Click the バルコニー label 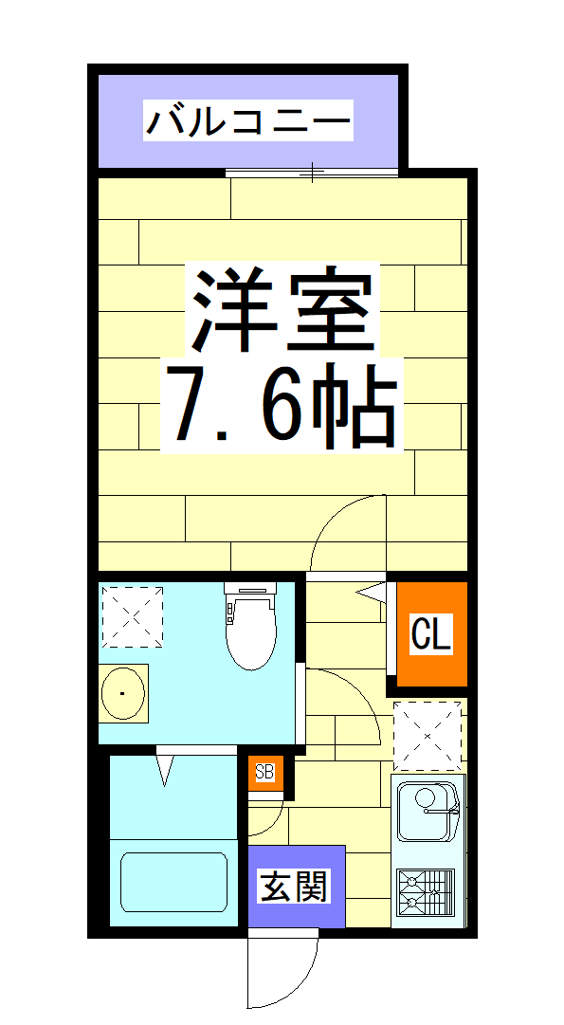point(247,122)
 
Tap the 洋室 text point(282,308)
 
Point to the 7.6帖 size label point(282,405)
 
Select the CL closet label point(431,634)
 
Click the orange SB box point(264,772)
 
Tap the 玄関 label point(295,887)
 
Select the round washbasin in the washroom point(124,693)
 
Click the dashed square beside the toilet point(132,616)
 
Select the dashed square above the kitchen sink point(427,735)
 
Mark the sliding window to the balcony point(312,173)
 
